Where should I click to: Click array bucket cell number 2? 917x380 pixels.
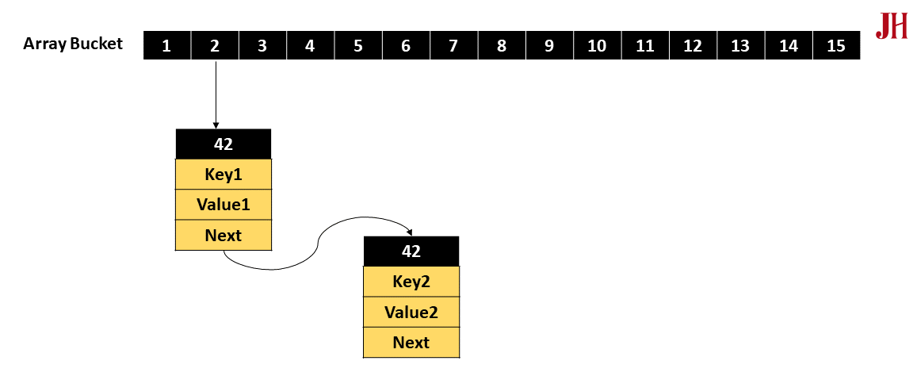pyautogui.click(x=215, y=45)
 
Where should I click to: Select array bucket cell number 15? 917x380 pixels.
pyautogui.click(x=835, y=45)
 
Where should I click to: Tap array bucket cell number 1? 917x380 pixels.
pyautogui.click(x=166, y=45)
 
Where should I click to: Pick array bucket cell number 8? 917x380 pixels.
pyautogui.click(x=502, y=45)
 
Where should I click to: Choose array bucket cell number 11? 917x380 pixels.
pyautogui.click(x=645, y=45)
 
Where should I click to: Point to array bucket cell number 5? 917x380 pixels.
pyautogui.click(x=358, y=45)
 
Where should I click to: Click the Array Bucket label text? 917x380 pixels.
pyautogui.click(x=73, y=44)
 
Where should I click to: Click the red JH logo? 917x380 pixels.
pyautogui.click(x=891, y=26)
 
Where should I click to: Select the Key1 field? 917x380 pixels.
pyautogui.click(x=223, y=174)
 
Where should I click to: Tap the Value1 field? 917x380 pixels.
pyautogui.click(x=223, y=205)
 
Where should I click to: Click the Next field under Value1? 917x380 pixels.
pyautogui.click(x=223, y=235)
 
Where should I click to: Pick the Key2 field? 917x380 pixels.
pyautogui.click(x=411, y=281)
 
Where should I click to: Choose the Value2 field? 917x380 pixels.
pyautogui.click(x=411, y=312)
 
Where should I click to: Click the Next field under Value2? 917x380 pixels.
pyautogui.click(x=411, y=342)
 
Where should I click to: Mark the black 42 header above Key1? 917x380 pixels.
pyautogui.click(x=223, y=144)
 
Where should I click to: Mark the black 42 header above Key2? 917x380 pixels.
pyautogui.click(x=411, y=251)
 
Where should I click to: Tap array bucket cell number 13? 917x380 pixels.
pyautogui.click(x=740, y=45)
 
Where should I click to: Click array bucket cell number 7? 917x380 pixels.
pyautogui.click(x=453, y=45)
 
